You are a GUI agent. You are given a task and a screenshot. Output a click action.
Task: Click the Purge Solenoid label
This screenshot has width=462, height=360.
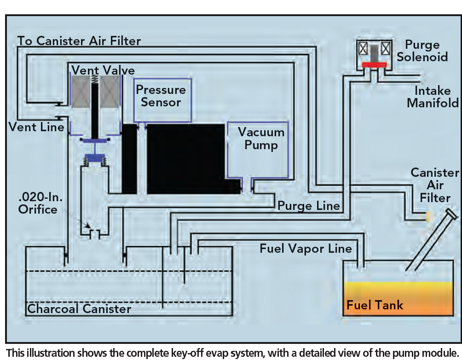[422, 51]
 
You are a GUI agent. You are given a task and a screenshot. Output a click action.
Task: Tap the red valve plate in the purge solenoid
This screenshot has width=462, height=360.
[374, 65]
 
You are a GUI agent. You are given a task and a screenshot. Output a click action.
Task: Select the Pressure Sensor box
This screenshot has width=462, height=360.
[162, 100]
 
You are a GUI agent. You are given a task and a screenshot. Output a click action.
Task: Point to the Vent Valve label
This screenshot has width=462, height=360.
[103, 70]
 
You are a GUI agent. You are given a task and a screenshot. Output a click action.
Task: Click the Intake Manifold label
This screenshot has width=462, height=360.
[433, 97]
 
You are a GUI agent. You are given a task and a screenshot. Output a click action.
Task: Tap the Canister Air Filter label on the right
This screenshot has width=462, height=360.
[435, 185]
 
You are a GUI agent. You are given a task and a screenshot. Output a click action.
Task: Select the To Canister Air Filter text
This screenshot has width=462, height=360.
[79, 41]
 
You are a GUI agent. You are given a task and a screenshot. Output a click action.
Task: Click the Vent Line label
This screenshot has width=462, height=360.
[36, 127]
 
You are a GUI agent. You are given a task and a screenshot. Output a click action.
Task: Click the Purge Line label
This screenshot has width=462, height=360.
[309, 206]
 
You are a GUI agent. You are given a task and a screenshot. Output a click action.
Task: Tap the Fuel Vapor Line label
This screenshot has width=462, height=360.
[306, 249]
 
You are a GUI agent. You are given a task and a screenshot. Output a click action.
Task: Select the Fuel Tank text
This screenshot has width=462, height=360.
[375, 305]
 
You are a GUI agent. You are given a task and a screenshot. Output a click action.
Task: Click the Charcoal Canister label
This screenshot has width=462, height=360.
[79, 309]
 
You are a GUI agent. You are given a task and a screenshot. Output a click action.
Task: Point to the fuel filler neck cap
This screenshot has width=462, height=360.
[451, 214]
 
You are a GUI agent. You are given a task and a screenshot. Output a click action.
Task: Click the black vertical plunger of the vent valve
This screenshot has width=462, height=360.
[95, 111]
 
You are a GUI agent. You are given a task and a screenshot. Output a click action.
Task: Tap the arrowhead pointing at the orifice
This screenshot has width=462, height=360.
[87, 226]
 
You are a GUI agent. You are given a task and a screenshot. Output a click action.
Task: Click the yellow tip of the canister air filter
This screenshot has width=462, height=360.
[428, 217]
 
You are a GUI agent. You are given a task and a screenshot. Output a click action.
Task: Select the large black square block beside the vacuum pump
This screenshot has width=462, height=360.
[185, 159]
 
